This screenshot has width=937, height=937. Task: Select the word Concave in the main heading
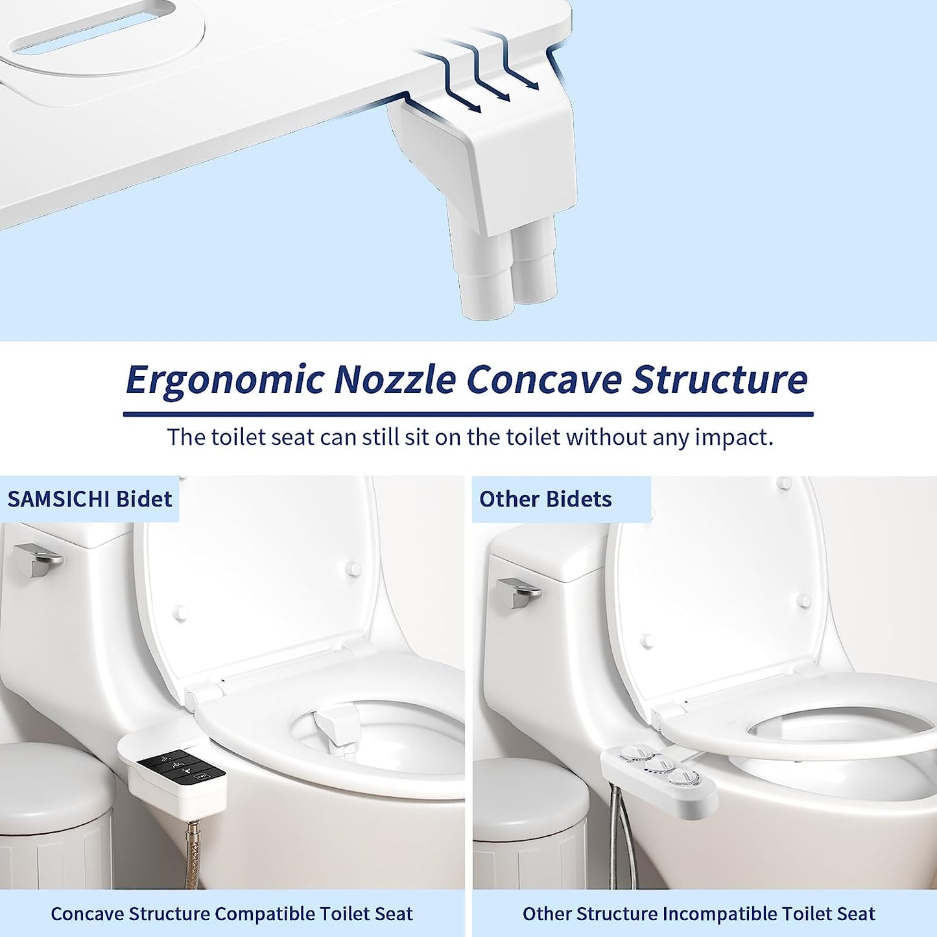pyautogui.click(x=543, y=379)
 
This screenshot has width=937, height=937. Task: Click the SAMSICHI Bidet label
pyautogui.click(x=90, y=499)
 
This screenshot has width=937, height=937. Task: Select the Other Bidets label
pyautogui.click(x=545, y=499)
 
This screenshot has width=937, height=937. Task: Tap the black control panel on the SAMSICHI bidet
pyautogui.click(x=181, y=765)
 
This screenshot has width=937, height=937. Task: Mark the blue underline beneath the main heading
pyautogui.click(x=468, y=414)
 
